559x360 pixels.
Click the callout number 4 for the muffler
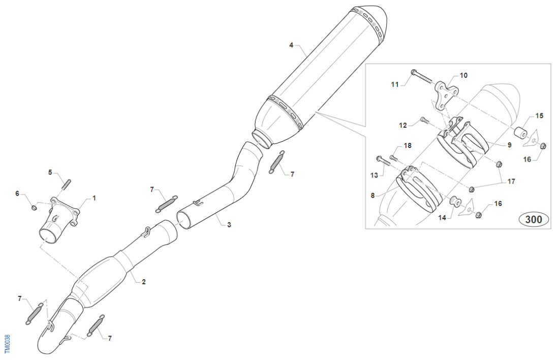coord(291,45)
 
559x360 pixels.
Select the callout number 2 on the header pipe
coord(144,281)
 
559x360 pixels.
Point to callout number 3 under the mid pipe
coord(229,224)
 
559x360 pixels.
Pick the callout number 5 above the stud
coord(50,173)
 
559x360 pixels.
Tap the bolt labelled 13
coord(382,161)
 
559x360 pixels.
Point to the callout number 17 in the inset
coord(511,181)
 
